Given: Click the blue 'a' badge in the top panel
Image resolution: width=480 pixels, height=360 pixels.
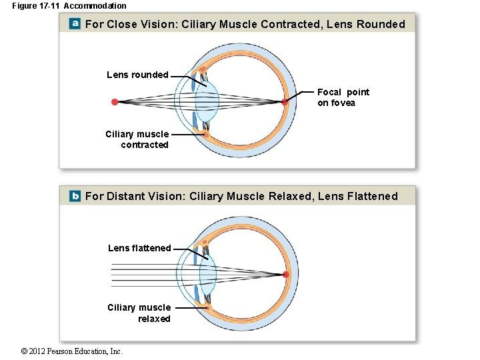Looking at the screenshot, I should point(75,24).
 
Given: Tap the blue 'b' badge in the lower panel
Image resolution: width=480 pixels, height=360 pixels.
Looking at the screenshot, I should point(75,196).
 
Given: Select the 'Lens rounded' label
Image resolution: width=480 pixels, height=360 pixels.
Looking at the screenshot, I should point(137,75).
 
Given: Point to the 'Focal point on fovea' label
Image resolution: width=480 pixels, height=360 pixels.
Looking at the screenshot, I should point(343,97).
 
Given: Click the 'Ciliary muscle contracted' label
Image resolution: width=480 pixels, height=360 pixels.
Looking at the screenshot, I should point(137,139).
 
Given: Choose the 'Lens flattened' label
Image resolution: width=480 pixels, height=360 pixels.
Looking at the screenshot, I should point(139,248).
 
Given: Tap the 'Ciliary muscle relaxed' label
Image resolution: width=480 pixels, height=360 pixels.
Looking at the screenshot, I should point(139,313).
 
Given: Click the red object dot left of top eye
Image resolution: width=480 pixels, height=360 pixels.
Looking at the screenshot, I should point(115,102).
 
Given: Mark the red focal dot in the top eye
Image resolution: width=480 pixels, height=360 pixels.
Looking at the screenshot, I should point(285,102).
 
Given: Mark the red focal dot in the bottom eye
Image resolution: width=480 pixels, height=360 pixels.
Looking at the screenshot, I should point(286,274).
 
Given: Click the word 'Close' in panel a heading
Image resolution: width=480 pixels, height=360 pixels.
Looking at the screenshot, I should point(121,25).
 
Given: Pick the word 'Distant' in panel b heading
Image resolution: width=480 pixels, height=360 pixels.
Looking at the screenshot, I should point(128,197).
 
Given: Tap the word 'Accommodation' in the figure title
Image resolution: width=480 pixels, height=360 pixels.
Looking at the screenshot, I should point(95,6).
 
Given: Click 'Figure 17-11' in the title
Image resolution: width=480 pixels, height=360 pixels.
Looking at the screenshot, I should point(36,6).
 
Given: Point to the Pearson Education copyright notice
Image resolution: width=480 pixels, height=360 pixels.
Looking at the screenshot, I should point(72,351).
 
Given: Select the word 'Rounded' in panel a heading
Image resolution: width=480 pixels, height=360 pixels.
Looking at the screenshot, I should point(381,25).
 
